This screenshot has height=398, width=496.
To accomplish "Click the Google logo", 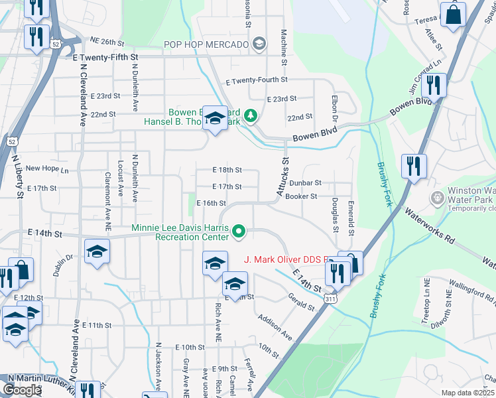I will pos(22,390).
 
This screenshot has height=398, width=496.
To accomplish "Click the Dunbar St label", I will pos(305,182).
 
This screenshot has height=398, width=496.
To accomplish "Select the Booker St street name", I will pos(301,196).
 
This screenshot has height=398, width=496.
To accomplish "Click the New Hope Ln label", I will pos(46,169).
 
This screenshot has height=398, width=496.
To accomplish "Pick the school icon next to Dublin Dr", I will pos(97,253).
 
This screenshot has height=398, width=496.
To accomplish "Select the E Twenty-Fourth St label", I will pos(256,81).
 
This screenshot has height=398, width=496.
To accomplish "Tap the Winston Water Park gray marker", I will pos(436,198).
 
